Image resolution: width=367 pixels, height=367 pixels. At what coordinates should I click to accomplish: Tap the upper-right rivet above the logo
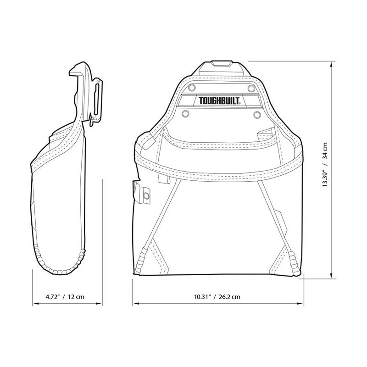[x=250, y=87]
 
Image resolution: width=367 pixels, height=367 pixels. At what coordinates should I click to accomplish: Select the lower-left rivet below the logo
[x=186, y=113]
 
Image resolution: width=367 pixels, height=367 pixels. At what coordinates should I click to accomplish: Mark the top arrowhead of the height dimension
[x=332, y=65]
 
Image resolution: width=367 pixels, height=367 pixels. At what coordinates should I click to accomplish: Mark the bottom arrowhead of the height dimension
[x=332, y=276]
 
